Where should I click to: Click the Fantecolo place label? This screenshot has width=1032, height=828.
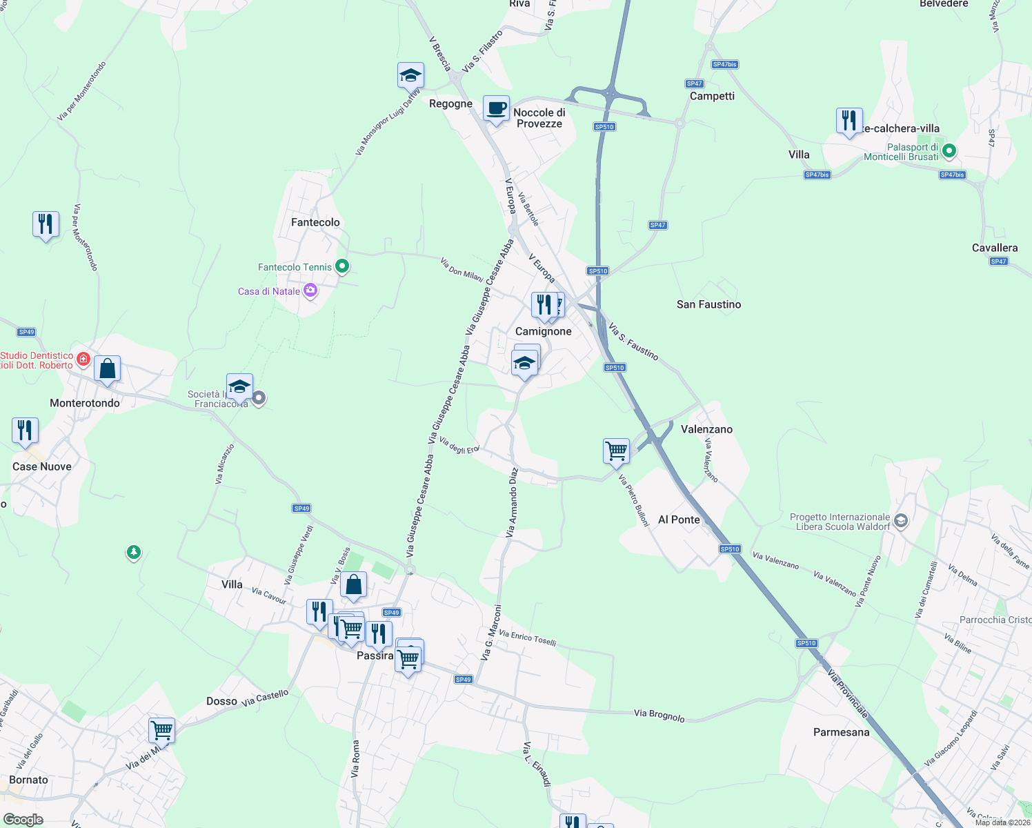315,222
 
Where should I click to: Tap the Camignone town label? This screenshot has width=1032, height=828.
544,331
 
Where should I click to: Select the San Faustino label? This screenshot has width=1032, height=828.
708,304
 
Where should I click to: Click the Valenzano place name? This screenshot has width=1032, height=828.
706,429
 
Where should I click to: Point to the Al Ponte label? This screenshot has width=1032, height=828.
679,520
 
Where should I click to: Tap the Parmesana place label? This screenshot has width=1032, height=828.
841,732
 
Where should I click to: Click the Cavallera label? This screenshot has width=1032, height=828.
994,248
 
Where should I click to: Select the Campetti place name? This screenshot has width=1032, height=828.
712,96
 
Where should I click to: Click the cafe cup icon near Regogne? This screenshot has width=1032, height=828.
496,109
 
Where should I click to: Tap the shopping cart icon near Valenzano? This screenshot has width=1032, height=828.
616,451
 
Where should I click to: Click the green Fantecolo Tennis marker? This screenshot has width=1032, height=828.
342,266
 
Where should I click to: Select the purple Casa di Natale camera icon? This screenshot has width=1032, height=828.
310,290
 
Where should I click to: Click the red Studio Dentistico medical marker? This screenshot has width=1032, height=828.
83,359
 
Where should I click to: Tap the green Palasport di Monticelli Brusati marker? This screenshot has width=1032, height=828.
949,150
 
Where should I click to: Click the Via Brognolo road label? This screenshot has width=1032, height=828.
659,716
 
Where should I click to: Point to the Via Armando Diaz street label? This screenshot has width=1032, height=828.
512,503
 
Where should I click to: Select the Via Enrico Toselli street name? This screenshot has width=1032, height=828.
527,638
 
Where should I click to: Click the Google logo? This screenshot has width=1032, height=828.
23,820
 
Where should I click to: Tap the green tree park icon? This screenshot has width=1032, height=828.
134,552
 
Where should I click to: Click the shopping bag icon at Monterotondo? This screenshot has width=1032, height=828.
108,369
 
